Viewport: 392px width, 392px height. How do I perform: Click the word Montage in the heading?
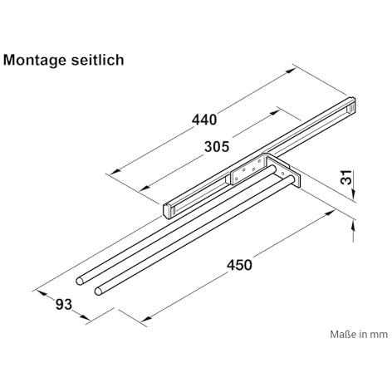tap(35, 61)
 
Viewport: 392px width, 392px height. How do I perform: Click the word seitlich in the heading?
tap(97, 60)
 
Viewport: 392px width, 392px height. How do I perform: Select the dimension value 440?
tap(204, 120)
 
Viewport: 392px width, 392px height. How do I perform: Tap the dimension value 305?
tap(217, 147)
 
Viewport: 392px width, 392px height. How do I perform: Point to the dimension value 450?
tap(239, 265)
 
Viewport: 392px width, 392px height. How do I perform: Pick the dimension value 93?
tap(64, 305)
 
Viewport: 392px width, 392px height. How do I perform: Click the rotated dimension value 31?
tap(346, 177)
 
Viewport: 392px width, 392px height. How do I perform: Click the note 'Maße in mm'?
tap(359, 334)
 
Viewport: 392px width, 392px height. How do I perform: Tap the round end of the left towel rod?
tap(80, 281)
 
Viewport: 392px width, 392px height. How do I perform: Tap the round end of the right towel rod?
tap(98, 291)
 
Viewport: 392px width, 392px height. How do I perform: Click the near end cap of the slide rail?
tap(167, 211)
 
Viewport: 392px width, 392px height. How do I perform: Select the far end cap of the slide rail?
tap(352, 105)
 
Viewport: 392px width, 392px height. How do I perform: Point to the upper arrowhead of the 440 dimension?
tap(290, 71)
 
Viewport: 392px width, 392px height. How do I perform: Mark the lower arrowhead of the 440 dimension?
tap(115, 172)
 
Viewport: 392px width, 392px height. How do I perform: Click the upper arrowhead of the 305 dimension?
tap(275, 112)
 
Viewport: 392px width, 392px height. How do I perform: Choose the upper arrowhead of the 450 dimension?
tap(331, 213)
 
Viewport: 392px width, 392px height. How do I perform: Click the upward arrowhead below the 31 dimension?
tap(353, 225)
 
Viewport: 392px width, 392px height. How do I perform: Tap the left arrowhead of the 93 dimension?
tap(41, 292)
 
